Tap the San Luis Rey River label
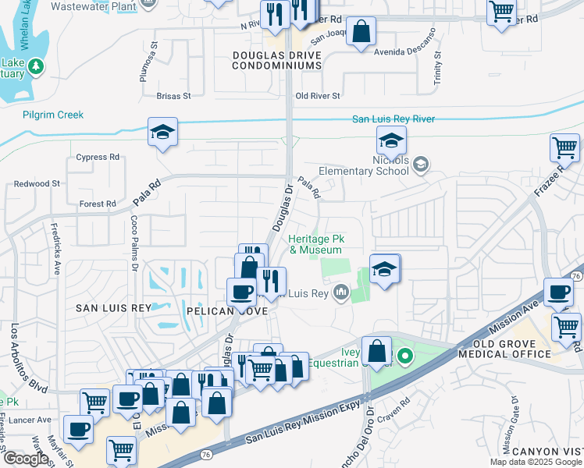point(393,119)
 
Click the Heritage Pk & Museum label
point(315,244)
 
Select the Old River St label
point(317,96)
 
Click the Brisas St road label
point(173,96)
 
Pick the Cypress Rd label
point(98,157)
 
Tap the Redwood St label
point(37,183)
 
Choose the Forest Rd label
point(98,204)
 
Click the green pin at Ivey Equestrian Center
point(404,358)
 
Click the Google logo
point(26,459)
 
